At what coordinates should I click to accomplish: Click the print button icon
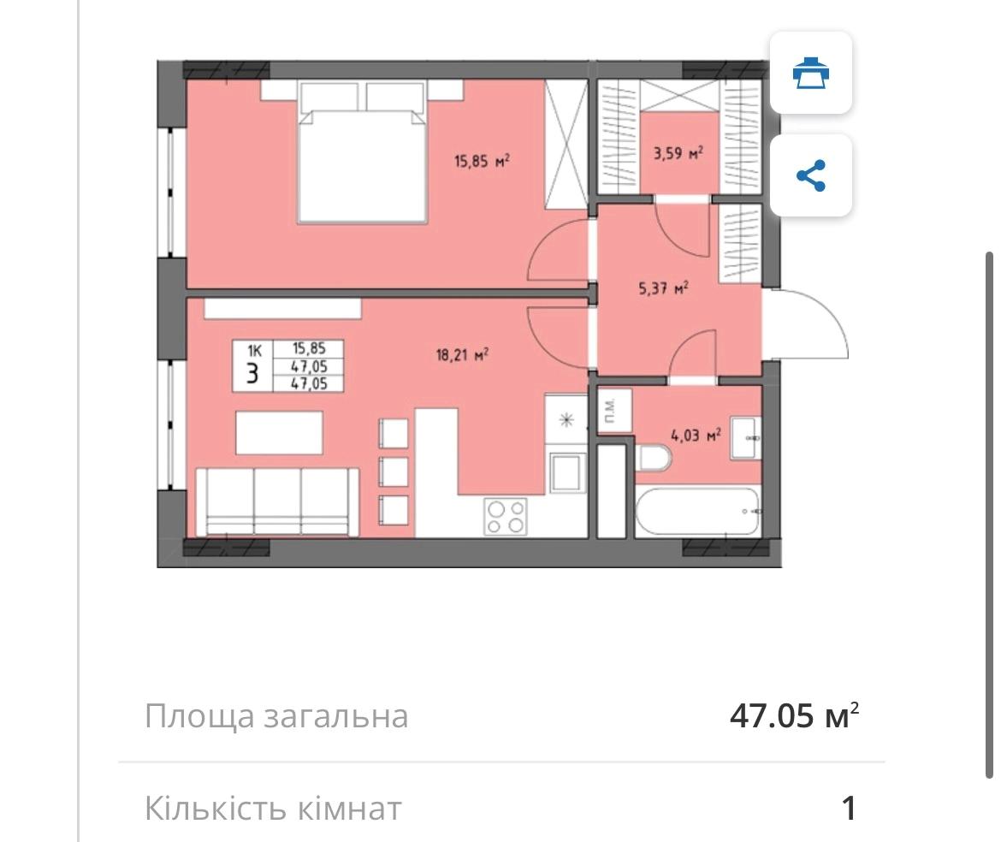[810, 73]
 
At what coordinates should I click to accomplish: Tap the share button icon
[810, 175]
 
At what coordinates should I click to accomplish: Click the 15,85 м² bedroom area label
[482, 160]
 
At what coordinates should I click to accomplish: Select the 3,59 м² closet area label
[678, 154]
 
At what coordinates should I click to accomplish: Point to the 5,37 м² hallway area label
[664, 289]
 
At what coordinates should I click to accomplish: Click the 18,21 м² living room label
[461, 354]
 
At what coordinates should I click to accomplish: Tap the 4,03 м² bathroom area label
[696, 435]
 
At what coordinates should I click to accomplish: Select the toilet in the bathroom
[654, 460]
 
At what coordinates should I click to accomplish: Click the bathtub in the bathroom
[697, 512]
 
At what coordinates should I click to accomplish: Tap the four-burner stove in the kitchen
[505, 516]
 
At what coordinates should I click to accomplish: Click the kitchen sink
[566, 472]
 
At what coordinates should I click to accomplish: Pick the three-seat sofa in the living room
[277, 501]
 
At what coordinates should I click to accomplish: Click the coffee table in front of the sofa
[280, 433]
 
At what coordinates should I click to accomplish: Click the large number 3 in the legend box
[252, 374]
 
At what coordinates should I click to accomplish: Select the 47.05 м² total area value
[793, 715]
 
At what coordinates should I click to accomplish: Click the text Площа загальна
[275, 715]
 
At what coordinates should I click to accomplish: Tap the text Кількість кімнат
[272, 807]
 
